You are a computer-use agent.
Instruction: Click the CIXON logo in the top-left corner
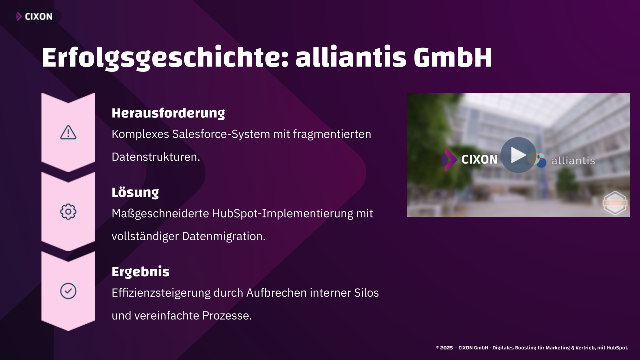(35, 17)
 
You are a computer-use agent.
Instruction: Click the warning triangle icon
(68, 132)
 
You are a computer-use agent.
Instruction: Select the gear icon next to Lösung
(68, 212)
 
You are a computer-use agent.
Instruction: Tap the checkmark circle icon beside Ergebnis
(68, 291)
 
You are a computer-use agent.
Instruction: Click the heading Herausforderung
(168, 113)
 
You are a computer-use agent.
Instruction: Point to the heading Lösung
(135, 192)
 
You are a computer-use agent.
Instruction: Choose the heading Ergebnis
(140, 272)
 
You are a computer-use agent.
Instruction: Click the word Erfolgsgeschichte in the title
(160, 59)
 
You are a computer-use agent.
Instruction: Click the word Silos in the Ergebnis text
(366, 293)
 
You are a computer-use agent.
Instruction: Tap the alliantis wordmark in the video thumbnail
(573, 161)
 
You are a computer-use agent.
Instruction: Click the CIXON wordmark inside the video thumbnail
(479, 159)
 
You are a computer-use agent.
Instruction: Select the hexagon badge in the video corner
(615, 203)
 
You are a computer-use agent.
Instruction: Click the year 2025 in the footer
(446, 347)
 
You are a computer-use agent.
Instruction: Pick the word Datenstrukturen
(156, 157)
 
